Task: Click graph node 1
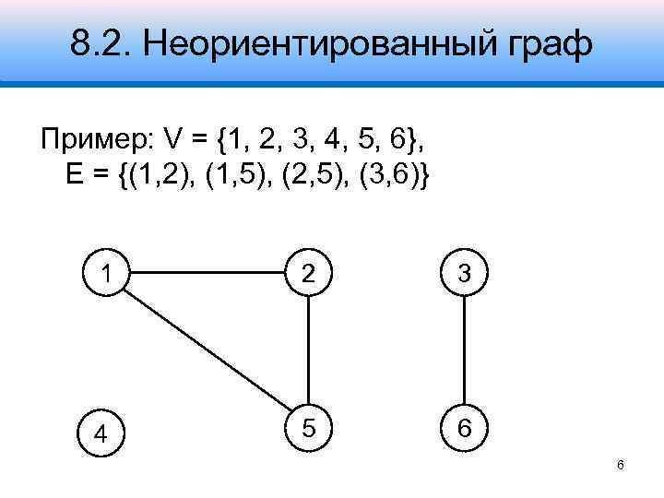pos(110,274)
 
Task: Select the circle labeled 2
pos(307,274)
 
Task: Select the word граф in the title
pos(541,44)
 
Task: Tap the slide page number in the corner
pos(621,465)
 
